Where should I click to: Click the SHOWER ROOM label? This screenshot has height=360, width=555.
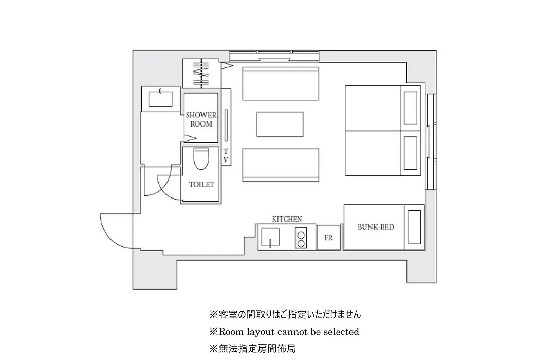point(201,119)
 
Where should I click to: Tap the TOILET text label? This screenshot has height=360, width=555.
point(201,184)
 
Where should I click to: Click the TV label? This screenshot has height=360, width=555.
point(226,155)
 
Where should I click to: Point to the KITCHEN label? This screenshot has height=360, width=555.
point(287,219)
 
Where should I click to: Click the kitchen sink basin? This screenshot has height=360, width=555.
point(270,238)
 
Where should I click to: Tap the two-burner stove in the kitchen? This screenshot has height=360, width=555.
point(301,238)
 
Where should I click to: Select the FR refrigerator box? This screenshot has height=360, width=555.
point(328,238)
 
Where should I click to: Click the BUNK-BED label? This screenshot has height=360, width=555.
point(376,227)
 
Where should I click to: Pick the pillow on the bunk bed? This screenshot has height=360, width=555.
point(414,227)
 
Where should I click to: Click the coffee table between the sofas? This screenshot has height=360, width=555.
point(280,124)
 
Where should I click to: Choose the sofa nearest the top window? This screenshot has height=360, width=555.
point(281,83)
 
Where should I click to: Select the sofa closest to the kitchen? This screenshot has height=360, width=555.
point(281,165)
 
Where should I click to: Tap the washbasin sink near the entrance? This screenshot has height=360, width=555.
point(160,99)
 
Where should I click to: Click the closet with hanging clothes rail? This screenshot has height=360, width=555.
point(201,74)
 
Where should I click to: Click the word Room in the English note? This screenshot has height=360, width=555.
point(231,332)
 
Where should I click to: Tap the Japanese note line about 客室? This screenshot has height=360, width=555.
point(285,314)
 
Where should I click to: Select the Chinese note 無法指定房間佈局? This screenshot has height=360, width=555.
point(253,349)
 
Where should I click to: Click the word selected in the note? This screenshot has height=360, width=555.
point(341,332)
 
